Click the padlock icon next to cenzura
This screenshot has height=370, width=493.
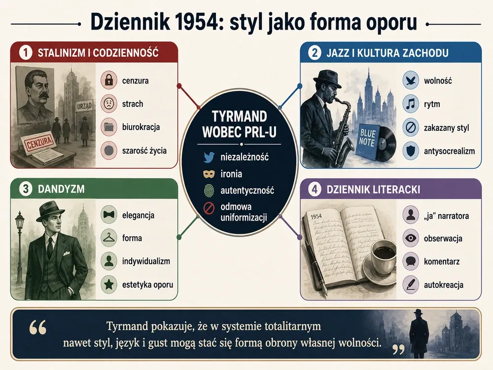coord(109,80)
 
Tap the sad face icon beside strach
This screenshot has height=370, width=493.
coord(109,104)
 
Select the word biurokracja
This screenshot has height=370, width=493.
coord(141,127)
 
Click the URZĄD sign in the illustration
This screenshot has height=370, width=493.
coord(85,107)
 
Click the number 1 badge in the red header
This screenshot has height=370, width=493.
coord(26,53)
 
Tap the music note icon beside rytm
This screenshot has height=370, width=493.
coord(411,104)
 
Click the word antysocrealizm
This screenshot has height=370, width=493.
coord(449,151)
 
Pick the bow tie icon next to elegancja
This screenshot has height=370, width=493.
coord(109,215)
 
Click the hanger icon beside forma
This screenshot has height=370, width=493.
coord(109,238)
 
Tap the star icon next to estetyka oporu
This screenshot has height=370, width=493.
coord(109,285)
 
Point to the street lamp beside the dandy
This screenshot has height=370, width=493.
coord(20,249)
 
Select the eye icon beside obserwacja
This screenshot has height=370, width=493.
coord(411,238)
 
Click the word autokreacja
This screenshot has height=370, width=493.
coord(444,285)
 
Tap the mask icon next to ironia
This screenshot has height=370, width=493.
coord(209,174)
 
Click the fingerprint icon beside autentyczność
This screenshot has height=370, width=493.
coord(209,190)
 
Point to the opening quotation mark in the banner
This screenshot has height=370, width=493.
coord(38,328)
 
